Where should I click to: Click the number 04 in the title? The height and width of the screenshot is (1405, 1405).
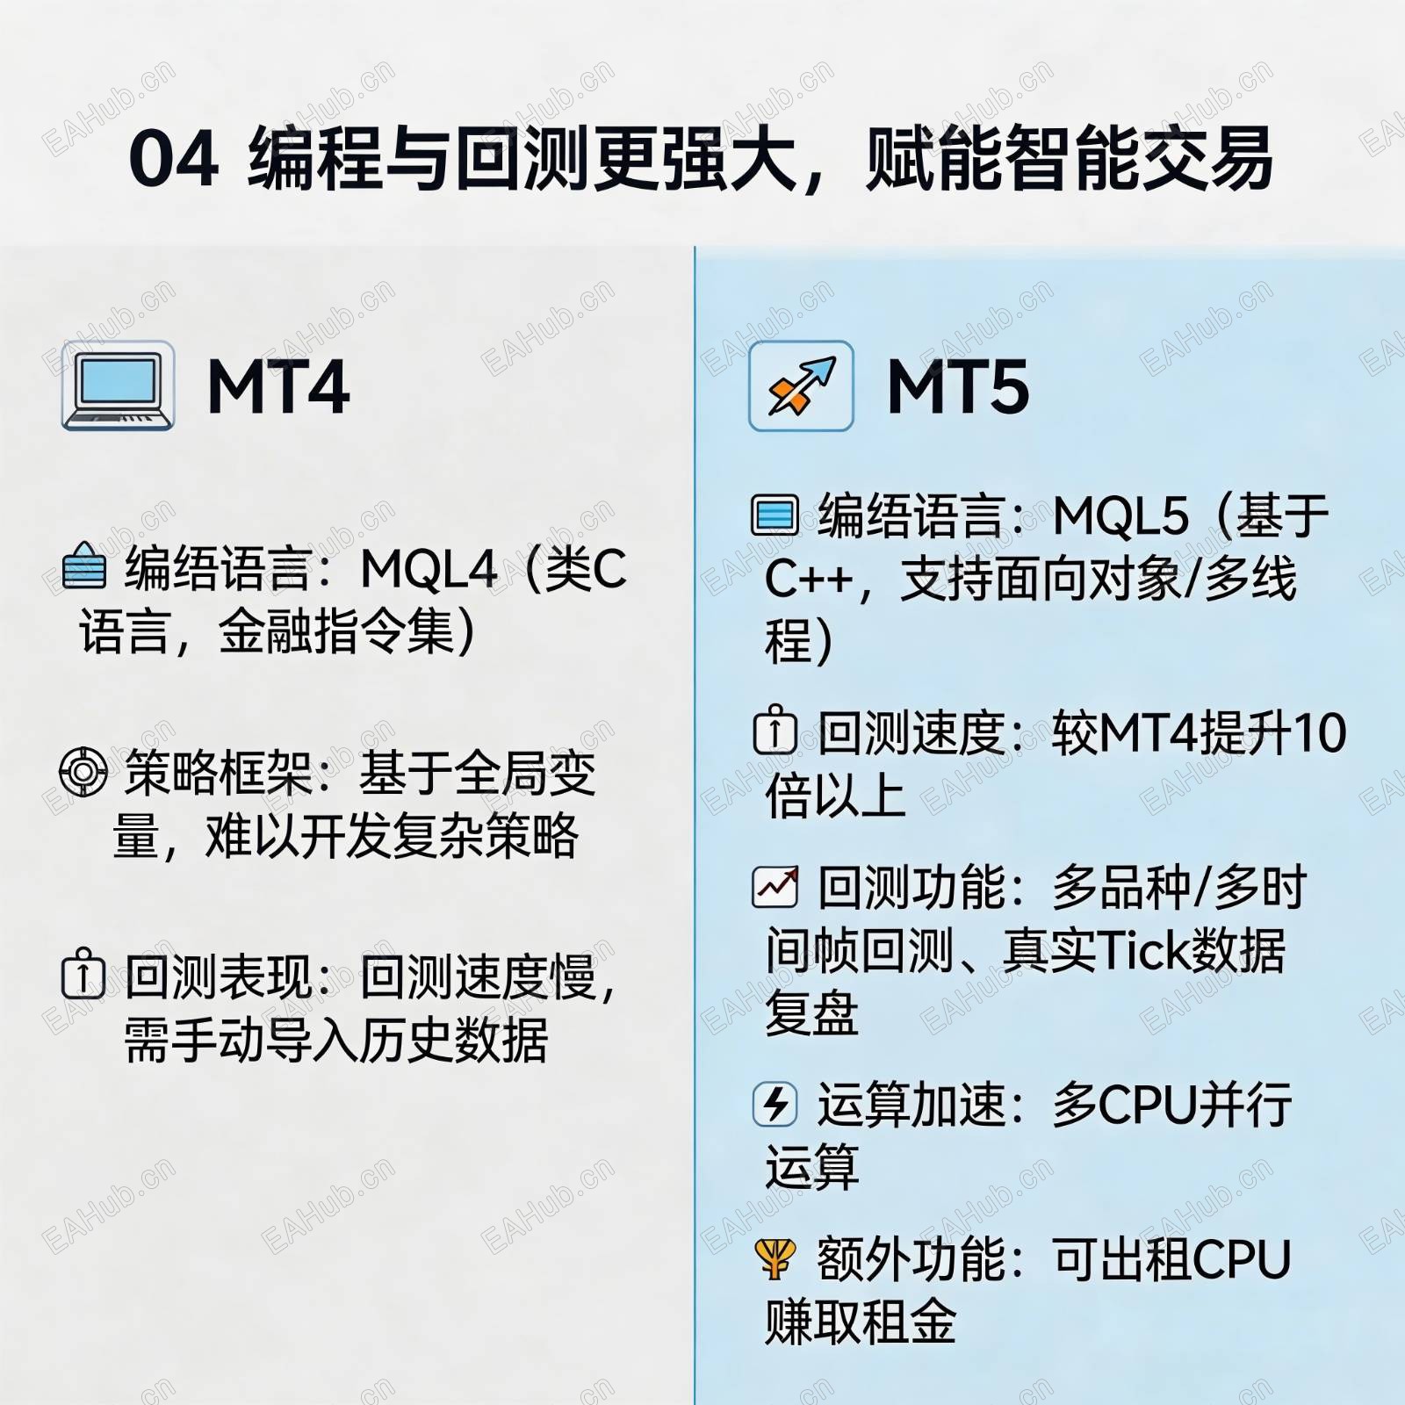(x=173, y=159)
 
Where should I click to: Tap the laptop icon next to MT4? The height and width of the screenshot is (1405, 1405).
(x=118, y=385)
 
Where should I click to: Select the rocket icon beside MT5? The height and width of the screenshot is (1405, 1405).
(x=801, y=386)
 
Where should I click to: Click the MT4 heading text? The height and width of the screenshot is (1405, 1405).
(x=278, y=386)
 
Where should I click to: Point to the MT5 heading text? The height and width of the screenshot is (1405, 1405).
(x=958, y=386)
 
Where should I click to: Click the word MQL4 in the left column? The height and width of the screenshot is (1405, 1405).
(x=429, y=569)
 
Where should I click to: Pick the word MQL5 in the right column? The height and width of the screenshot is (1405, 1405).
(x=1120, y=515)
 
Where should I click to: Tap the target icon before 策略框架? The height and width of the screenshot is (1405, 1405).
(x=83, y=772)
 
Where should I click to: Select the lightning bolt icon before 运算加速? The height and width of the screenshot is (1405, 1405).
(x=775, y=1104)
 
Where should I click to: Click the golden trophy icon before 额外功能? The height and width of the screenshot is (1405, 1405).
(x=775, y=1258)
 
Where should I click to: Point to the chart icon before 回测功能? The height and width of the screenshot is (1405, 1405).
(x=775, y=886)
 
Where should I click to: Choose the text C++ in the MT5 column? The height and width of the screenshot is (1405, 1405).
(x=809, y=579)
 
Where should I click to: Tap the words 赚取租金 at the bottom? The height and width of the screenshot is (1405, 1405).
(x=861, y=1322)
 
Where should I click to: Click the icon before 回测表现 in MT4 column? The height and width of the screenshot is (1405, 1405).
(x=83, y=974)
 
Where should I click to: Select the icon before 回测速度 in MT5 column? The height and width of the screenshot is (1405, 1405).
(x=775, y=731)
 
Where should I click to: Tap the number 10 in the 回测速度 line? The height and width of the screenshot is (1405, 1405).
(x=1319, y=733)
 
